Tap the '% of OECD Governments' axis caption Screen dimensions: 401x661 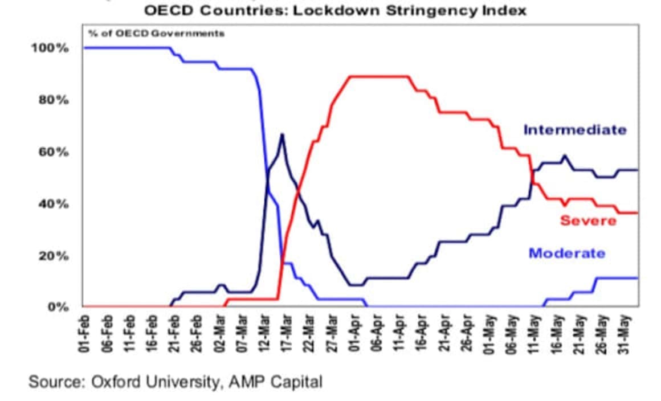[156, 33]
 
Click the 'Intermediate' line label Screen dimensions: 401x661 [574, 130]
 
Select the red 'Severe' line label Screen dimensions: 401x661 [588, 220]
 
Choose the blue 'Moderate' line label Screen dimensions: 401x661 [566, 253]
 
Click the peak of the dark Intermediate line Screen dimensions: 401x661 [281, 134]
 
